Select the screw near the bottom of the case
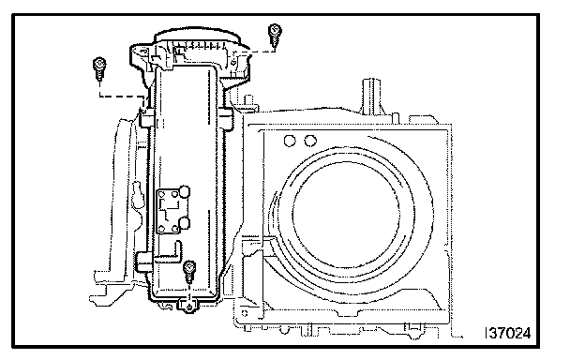(189, 271)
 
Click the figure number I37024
(508, 333)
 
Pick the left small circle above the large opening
(290, 141)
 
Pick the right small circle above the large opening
(310, 141)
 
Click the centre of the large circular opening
(346, 215)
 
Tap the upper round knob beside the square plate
(185, 191)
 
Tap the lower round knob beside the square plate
(185, 223)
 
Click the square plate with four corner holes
(169, 211)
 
